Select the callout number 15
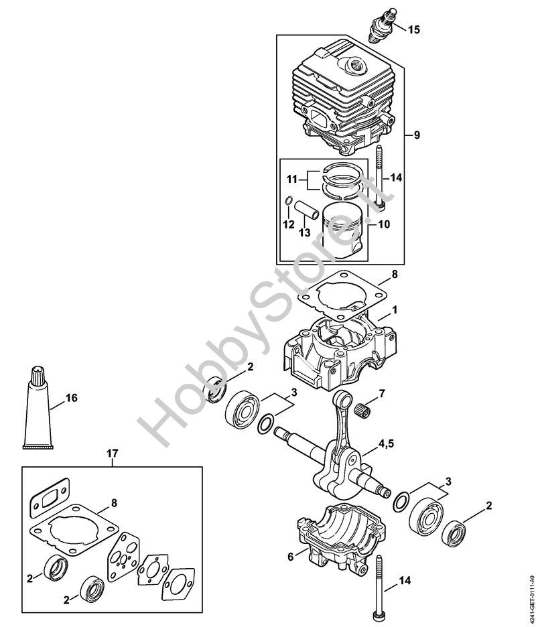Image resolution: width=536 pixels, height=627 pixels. coord(414,29)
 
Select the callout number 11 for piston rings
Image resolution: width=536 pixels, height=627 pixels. coord(291,180)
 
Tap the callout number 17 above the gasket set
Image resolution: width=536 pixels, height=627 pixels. coord(112,454)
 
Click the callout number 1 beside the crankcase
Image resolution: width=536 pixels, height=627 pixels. coord(395,310)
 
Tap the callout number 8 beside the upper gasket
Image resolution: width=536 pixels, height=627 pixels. coord(394,274)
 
